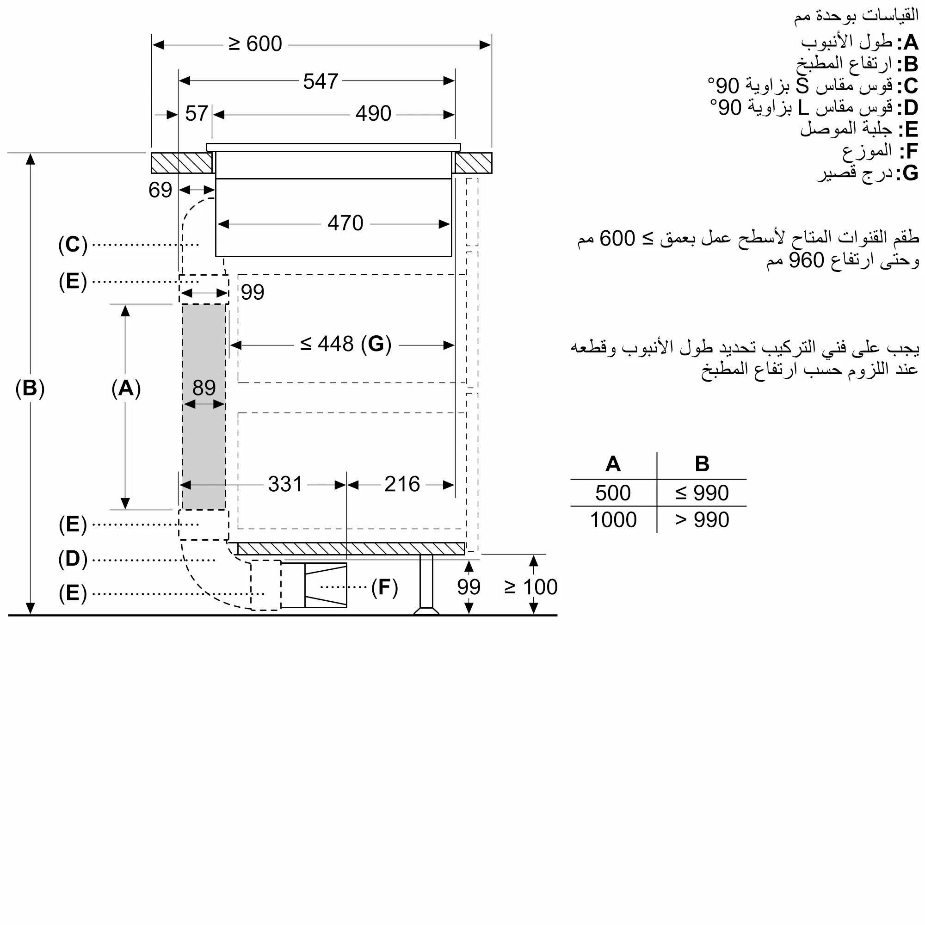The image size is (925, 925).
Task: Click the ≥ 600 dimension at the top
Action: pyautogui.click(x=255, y=44)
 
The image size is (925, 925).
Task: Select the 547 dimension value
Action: pyautogui.click(x=321, y=81)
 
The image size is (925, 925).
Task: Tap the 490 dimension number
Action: pyautogui.click(x=373, y=114)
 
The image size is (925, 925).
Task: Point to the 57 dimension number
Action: pyautogui.click(x=196, y=114)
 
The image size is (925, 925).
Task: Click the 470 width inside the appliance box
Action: pyautogui.click(x=345, y=223)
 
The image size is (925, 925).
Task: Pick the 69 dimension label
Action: pyautogui.click(x=160, y=190)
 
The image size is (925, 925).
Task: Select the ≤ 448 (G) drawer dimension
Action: pyautogui.click(x=345, y=344)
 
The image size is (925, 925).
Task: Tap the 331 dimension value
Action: pyautogui.click(x=285, y=484)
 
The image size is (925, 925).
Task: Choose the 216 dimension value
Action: pyautogui.click(x=402, y=484)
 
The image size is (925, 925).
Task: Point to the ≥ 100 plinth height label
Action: pyautogui.click(x=530, y=587)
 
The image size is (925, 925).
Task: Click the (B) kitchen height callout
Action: pyautogui.click(x=30, y=388)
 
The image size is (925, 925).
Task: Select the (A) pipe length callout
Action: pyautogui.click(x=126, y=388)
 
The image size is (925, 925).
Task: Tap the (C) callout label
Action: pyautogui.click(x=73, y=245)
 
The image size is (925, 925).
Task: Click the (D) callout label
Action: pyautogui.click(x=73, y=559)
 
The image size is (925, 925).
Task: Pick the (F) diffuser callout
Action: pyautogui.click(x=384, y=587)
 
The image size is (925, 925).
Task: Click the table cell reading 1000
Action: pyautogui.click(x=613, y=520)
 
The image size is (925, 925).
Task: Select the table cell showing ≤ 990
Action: pyautogui.click(x=702, y=493)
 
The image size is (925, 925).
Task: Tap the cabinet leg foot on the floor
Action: pyautogui.click(x=426, y=610)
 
